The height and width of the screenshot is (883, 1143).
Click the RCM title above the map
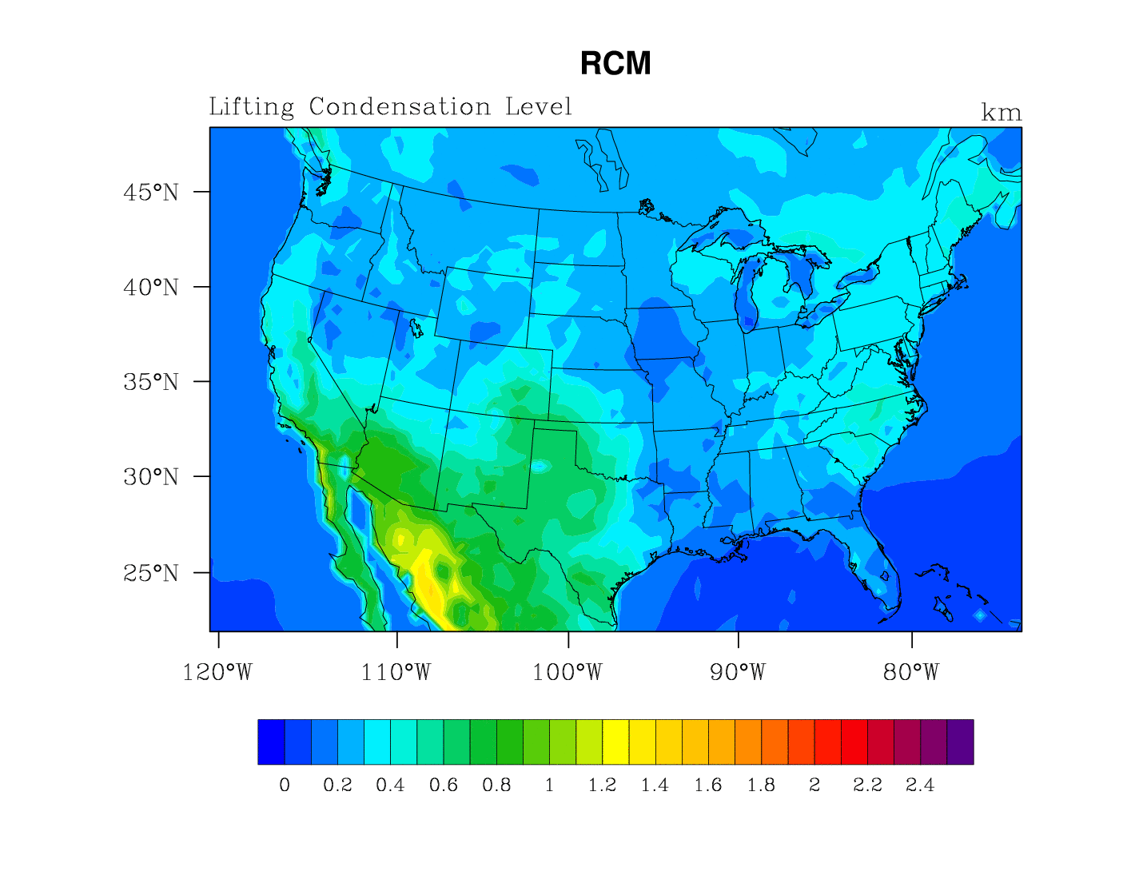point(615,64)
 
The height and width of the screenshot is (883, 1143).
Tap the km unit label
point(1001,113)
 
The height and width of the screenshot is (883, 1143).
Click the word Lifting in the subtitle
point(251,107)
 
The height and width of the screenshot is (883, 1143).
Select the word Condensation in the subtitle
point(400,107)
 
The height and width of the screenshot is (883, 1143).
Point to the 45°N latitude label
point(151,193)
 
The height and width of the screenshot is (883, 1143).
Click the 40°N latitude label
point(151,288)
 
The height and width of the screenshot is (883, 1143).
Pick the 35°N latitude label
point(151,382)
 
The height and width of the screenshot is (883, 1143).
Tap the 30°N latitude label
point(151,477)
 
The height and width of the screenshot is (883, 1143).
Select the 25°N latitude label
point(151,573)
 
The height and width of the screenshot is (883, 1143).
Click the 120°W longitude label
point(217,673)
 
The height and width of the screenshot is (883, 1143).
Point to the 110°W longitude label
point(396,673)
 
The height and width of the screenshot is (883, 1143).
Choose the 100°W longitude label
point(568,673)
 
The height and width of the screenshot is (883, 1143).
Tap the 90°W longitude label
point(738,673)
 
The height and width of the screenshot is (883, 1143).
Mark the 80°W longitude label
point(911,673)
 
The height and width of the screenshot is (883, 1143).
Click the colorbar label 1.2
point(602,786)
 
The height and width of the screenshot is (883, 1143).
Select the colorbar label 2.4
point(920,786)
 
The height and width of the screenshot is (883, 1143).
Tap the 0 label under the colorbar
point(285,786)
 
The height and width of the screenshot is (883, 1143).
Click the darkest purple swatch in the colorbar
point(960,742)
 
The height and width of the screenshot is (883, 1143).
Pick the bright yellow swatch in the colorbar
point(615,742)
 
